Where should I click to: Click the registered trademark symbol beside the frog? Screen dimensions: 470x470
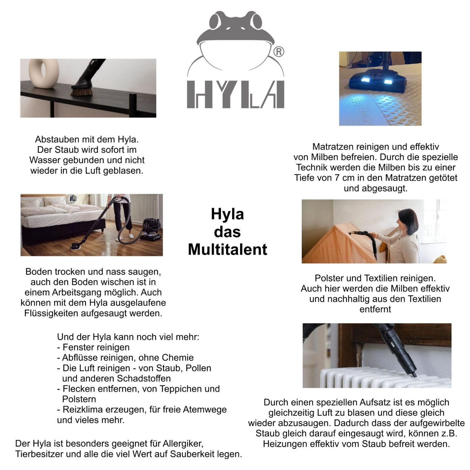(278, 52)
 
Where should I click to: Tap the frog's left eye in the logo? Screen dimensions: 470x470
(216, 21)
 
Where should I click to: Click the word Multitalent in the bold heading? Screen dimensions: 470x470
(227, 249)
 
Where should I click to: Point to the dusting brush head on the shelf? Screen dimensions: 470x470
(82, 90)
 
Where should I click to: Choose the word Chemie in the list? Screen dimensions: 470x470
(178, 358)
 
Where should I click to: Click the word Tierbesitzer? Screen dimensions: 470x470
(39, 454)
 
